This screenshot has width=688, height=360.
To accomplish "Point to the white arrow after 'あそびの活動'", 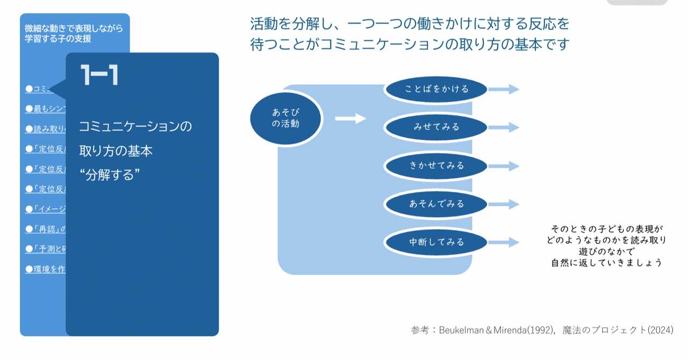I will pyautogui.click(x=350, y=118).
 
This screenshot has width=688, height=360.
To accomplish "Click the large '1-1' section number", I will pyautogui.click(x=99, y=76).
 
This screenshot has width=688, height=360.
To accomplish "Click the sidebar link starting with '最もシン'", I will pyautogui.click(x=45, y=109).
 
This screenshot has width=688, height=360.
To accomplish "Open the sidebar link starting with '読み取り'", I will pyautogui.click(x=45, y=129).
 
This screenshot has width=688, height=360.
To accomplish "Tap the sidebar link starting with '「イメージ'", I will pyautogui.click(x=45, y=209).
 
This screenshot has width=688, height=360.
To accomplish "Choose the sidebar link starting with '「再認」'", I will pyautogui.click(x=45, y=229).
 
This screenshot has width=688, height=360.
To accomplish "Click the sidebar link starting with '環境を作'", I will pyautogui.click(x=45, y=269).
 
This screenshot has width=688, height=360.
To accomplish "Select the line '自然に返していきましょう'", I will pyautogui.click(x=606, y=263).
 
